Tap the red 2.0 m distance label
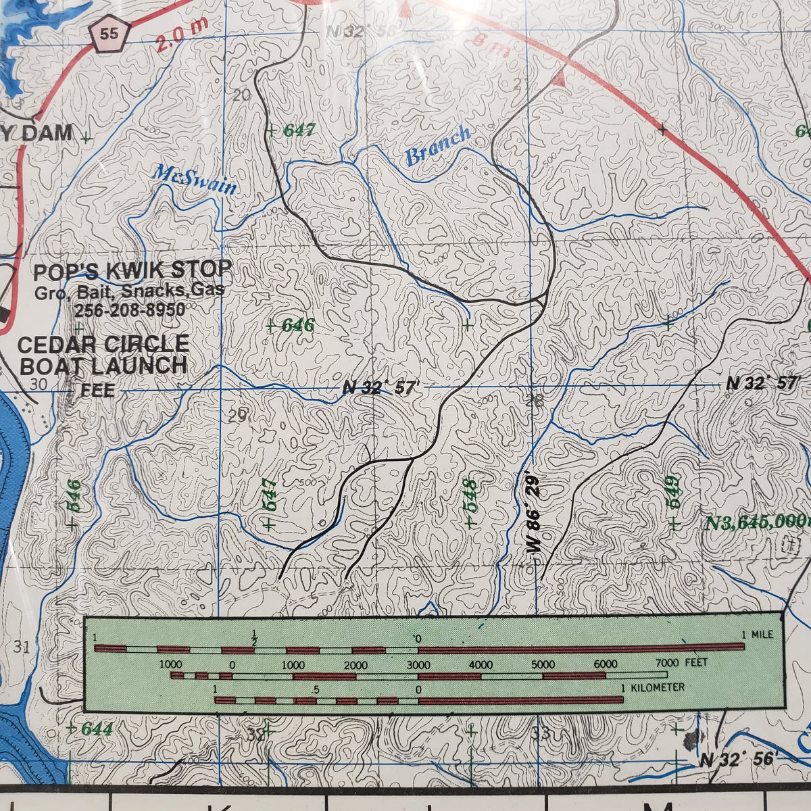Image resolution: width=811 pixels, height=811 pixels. [181, 34]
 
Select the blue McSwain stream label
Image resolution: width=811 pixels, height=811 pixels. [195, 179]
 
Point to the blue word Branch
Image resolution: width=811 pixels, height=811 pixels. [437, 146]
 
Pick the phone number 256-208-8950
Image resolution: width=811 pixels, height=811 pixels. [130, 310]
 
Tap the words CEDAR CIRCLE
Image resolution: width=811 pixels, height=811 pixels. [103, 344]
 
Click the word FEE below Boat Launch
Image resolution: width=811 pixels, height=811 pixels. [97, 390]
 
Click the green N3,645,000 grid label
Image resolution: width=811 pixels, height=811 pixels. [757, 522]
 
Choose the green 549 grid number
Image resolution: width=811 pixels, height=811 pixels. [672, 493]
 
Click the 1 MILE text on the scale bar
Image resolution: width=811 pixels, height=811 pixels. [757, 635]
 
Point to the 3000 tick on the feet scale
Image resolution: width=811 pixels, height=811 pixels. [418, 665]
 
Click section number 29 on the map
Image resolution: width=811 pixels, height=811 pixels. [237, 416]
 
